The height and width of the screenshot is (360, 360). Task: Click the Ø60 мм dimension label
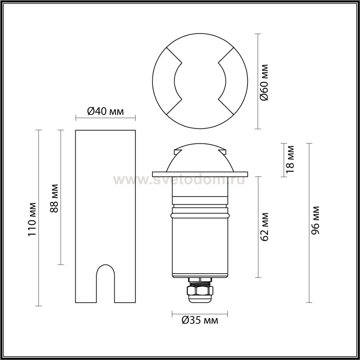(264, 83)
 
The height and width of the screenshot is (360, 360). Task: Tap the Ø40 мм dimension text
(105, 112)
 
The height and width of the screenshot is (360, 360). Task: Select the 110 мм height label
(32, 222)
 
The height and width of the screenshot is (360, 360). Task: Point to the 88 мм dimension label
(54, 199)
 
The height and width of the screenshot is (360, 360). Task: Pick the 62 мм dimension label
(264, 227)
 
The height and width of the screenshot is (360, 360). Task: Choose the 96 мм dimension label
(315, 220)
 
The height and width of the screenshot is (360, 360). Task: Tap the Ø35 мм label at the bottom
(200, 321)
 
